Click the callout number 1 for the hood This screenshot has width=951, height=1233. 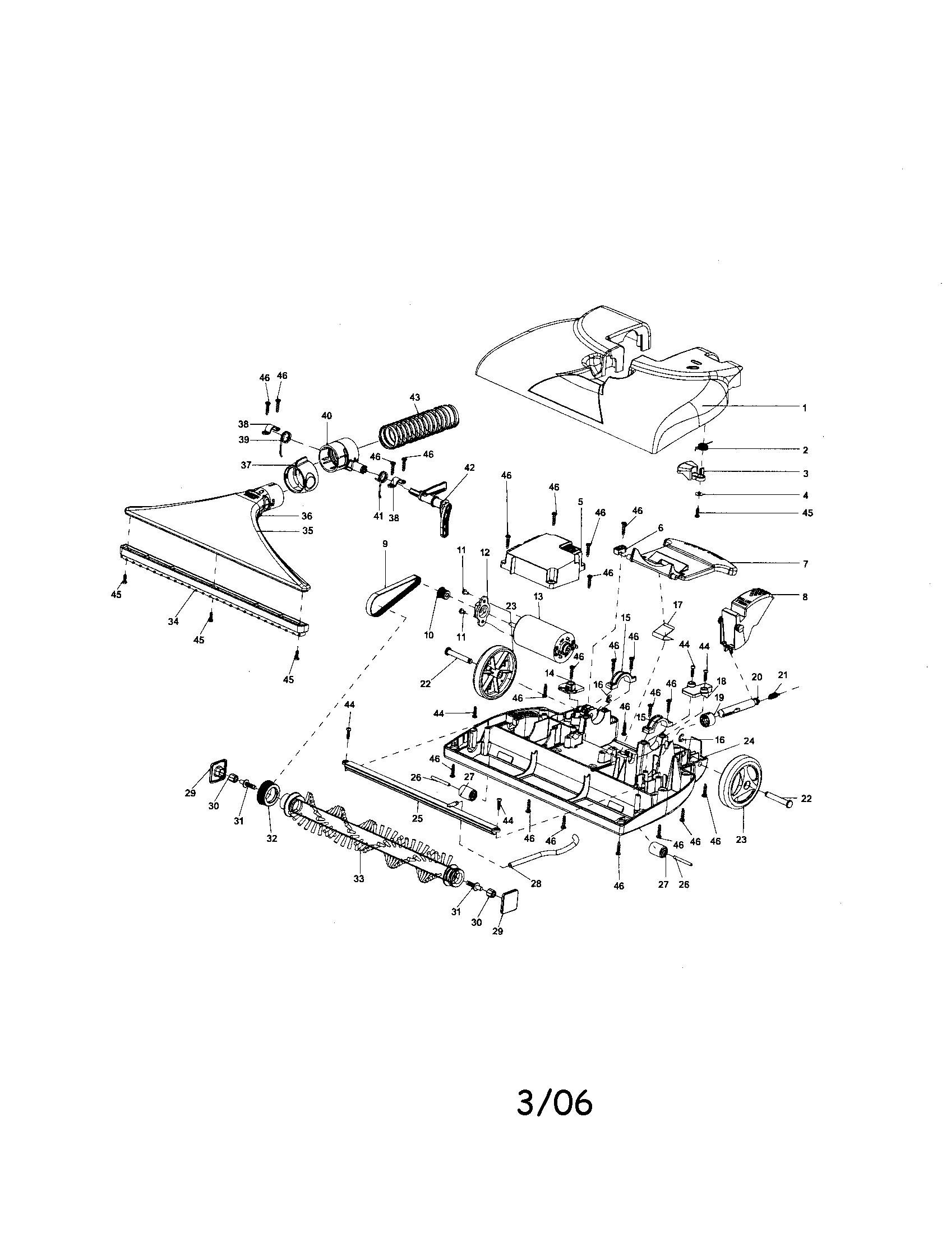(x=805, y=407)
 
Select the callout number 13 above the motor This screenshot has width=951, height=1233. (x=537, y=597)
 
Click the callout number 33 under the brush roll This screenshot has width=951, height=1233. (x=359, y=878)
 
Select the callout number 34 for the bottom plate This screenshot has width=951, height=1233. (x=173, y=621)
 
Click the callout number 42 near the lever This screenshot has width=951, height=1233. (x=469, y=467)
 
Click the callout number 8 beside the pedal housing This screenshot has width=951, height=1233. (x=805, y=596)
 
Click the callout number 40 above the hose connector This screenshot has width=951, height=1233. (x=326, y=415)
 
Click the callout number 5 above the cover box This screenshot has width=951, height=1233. (x=580, y=502)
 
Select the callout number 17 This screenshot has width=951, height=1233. (x=678, y=605)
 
